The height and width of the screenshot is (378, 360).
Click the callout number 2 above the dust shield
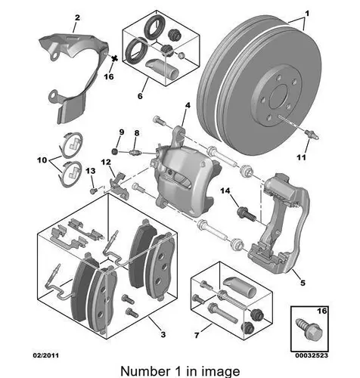click(x=77, y=17)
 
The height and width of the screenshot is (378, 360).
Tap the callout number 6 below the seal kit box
click(x=140, y=96)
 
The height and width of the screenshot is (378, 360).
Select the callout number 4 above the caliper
click(x=188, y=106)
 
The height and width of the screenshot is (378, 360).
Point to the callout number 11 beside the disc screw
click(x=301, y=157)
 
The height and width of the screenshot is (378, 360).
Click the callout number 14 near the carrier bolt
click(x=225, y=191)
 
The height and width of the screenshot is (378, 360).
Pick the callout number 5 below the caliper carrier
click(x=303, y=283)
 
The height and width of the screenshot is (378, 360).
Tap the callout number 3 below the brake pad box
click(x=163, y=334)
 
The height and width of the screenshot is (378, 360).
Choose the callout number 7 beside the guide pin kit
click(x=197, y=335)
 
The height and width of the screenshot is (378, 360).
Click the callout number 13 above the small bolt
click(x=91, y=171)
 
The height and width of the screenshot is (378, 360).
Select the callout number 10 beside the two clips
click(x=42, y=160)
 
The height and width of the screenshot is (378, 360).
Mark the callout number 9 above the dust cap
click(x=122, y=132)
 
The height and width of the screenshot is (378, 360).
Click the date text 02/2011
click(x=46, y=355)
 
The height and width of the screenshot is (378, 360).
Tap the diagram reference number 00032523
click(x=312, y=355)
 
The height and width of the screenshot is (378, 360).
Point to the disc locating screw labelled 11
click(x=312, y=135)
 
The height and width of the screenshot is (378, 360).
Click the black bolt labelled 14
click(x=247, y=214)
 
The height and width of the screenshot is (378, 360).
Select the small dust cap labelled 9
click(x=115, y=151)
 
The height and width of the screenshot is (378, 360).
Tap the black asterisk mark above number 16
click(x=114, y=58)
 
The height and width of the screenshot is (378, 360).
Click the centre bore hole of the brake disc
click(x=279, y=98)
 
